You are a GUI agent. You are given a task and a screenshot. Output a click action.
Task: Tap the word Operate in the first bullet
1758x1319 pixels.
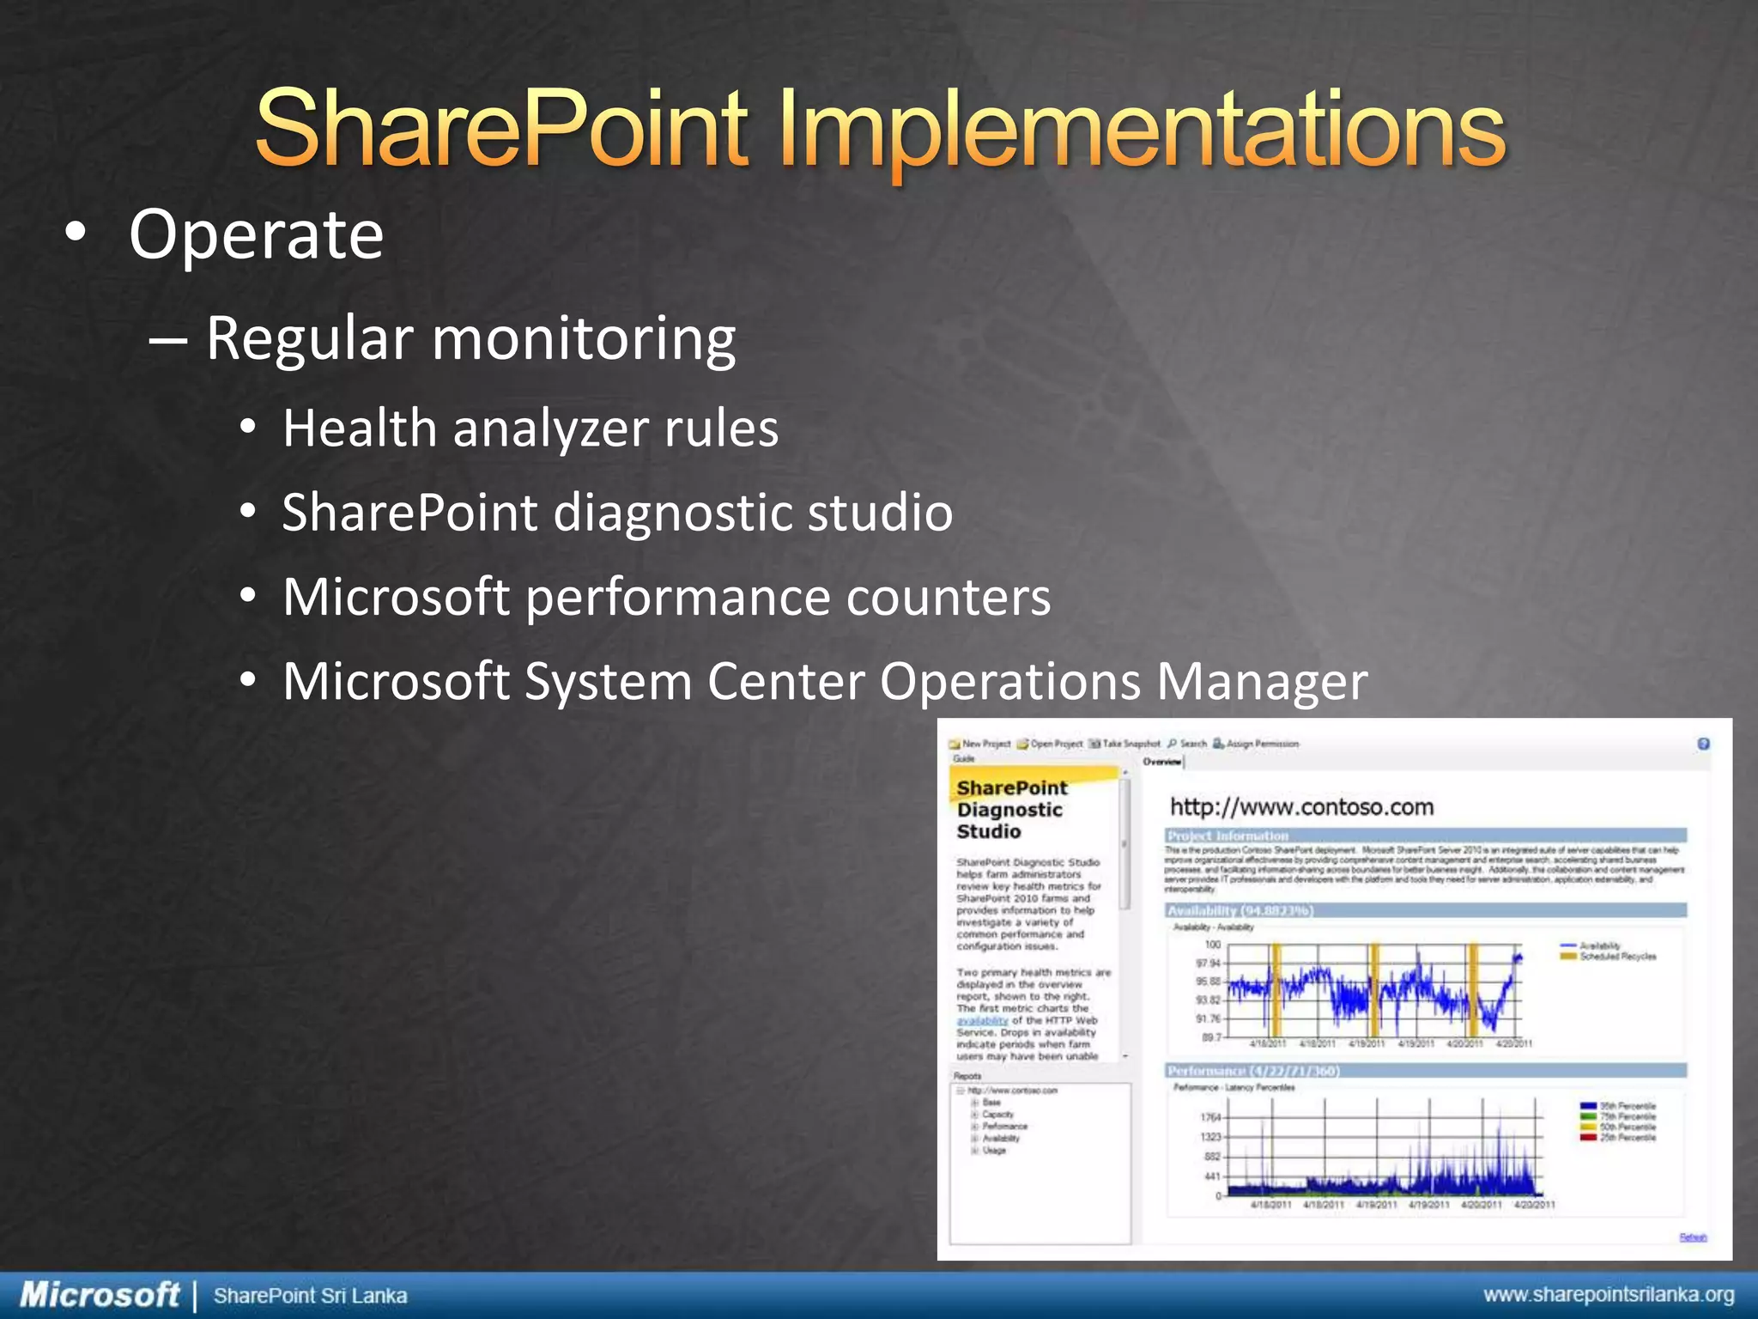pyautogui.click(x=256, y=234)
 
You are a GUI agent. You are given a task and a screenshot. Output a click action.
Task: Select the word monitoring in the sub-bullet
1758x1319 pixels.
pyautogui.click(x=583, y=338)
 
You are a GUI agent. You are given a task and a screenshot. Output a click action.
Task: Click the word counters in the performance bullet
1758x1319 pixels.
pyautogui.click(x=948, y=597)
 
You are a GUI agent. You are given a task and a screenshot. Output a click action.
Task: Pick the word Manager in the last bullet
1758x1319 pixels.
pyautogui.click(x=1261, y=682)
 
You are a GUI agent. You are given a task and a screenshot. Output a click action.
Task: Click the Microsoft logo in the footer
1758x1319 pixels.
pyautogui.click(x=99, y=1295)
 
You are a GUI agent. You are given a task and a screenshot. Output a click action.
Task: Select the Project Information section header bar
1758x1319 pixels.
pyautogui.click(x=1425, y=836)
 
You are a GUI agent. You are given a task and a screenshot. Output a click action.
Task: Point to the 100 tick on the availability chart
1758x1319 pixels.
pyautogui.click(x=1212, y=945)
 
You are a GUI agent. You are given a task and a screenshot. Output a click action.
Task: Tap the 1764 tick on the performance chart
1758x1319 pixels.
pyautogui.click(x=1209, y=1117)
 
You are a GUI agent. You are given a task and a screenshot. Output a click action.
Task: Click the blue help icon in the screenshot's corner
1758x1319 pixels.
pyautogui.click(x=1703, y=744)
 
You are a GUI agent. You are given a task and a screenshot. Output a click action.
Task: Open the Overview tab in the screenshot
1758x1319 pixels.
pyautogui.click(x=1161, y=762)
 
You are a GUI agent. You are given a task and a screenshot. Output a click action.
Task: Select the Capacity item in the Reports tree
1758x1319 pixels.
pyautogui.click(x=997, y=1115)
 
